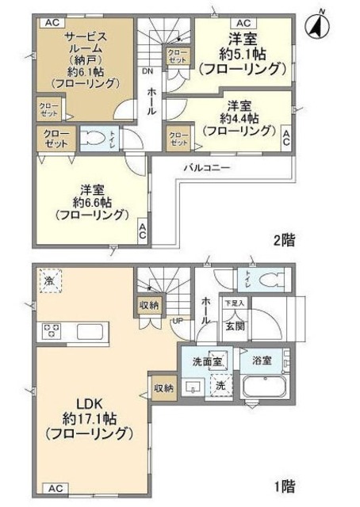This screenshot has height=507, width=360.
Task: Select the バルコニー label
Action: coord(207,168)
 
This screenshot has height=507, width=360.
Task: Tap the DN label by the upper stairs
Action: coord(147,70)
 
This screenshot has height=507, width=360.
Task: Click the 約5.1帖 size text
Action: coord(242,53)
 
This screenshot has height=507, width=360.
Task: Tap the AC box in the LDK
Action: coord(56,488)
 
